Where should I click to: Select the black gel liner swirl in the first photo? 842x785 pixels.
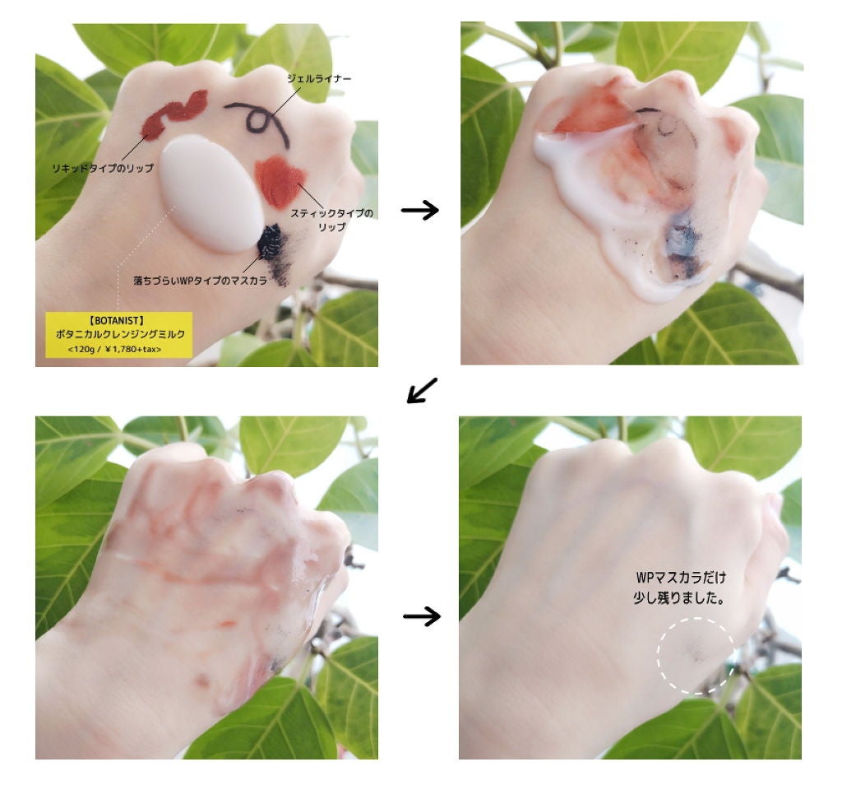point(257,121)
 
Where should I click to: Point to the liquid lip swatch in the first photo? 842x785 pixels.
point(173,113)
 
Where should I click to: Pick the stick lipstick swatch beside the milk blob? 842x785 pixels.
point(280,182)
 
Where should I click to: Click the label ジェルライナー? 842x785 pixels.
point(319,78)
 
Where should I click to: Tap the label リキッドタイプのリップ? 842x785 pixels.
point(103,168)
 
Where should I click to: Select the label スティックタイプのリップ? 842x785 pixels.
point(331,220)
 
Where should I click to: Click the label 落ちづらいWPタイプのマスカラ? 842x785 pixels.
point(200,281)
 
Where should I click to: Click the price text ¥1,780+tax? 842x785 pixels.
point(132,349)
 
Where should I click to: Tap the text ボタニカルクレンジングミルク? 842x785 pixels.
point(120,334)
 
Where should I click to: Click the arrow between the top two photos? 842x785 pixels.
point(420,210)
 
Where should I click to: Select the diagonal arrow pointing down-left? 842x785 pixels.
point(422,390)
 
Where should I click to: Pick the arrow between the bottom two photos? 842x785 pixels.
point(422,615)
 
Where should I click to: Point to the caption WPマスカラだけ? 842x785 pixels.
point(680,578)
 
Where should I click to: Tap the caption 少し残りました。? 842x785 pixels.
point(678,597)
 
